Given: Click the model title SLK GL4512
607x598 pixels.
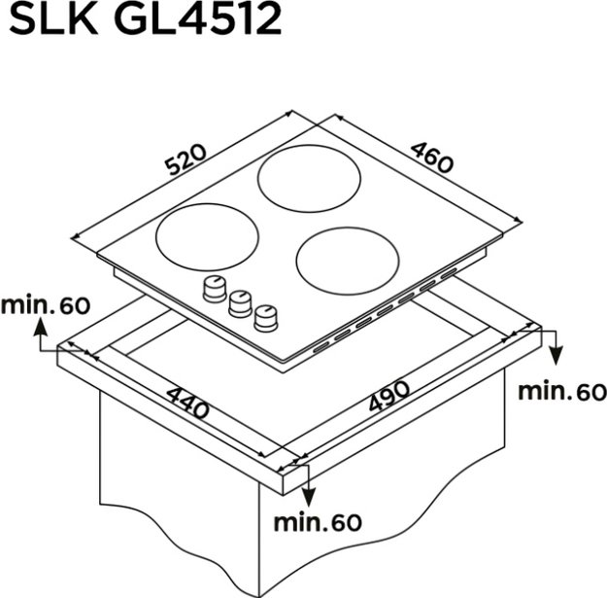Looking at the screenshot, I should coord(146,20).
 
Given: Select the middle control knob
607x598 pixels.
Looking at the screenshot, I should coord(239,302).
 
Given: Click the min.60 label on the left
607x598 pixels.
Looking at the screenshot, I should coord(45,305).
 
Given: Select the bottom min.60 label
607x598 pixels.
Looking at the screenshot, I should coord(317,522).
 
